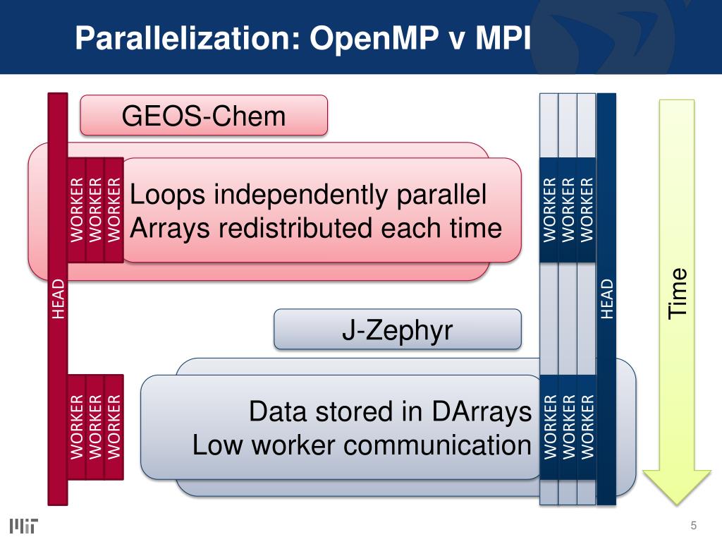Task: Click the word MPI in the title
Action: pyautogui.click(x=503, y=37)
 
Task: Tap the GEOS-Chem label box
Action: pyautogui.click(x=204, y=115)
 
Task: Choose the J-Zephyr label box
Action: pyautogui.click(x=397, y=329)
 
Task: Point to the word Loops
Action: pyautogui.click(x=169, y=195)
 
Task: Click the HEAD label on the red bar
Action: pyautogui.click(x=59, y=299)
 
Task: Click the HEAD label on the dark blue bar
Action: pyautogui.click(x=606, y=299)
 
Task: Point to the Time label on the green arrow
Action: pyautogui.click(x=678, y=292)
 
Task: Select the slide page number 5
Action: pyautogui.click(x=694, y=525)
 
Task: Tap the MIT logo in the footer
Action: pyautogui.click(x=24, y=525)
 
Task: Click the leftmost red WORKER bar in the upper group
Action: pyautogui.click(x=76, y=209)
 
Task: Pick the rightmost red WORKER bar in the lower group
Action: pyautogui.click(x=114, y=426)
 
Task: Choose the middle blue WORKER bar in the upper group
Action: pyautogui.click(x=568, y=210)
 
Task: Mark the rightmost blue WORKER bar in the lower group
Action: pyautogui.click(x=587, y=426)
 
